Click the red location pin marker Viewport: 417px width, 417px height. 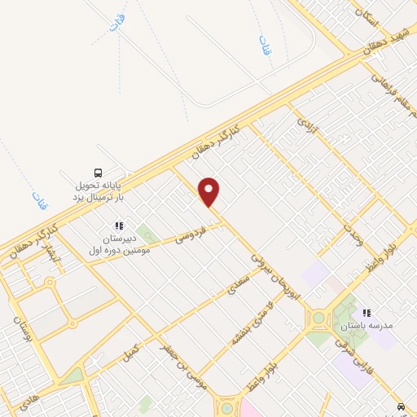[210, 191]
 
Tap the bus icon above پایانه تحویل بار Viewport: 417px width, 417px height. [98, 173]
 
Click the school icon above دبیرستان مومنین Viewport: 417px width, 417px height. [118, 226]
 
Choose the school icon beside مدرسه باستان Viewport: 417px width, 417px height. [367, 312]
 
